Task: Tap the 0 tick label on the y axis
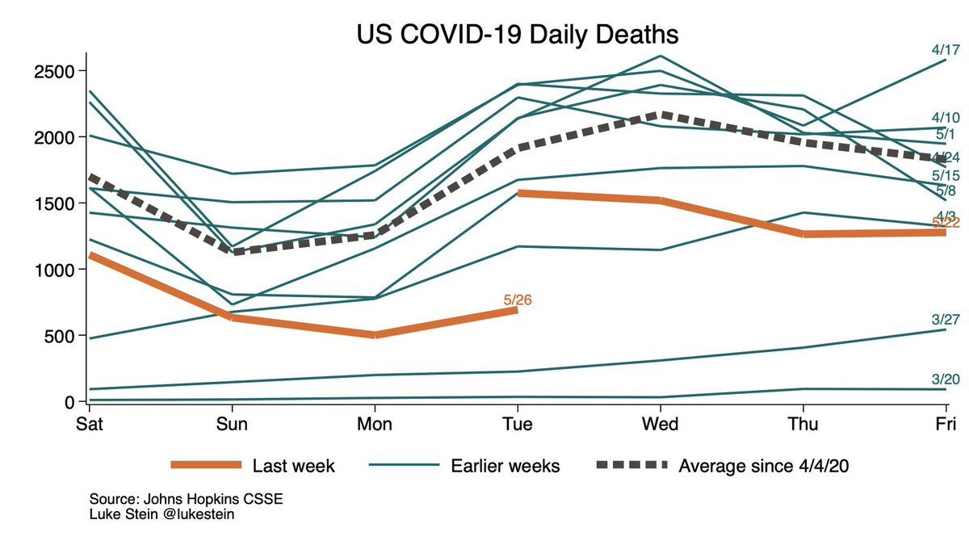coord(69,401)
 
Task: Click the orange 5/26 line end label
coord(518,300)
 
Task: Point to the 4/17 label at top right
coord(945,50)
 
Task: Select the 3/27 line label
coord(945,320)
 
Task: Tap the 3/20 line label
coord(945,379)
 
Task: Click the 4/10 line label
coord(945,118)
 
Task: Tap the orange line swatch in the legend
coord(206,465)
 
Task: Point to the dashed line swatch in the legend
coord(632,465)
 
